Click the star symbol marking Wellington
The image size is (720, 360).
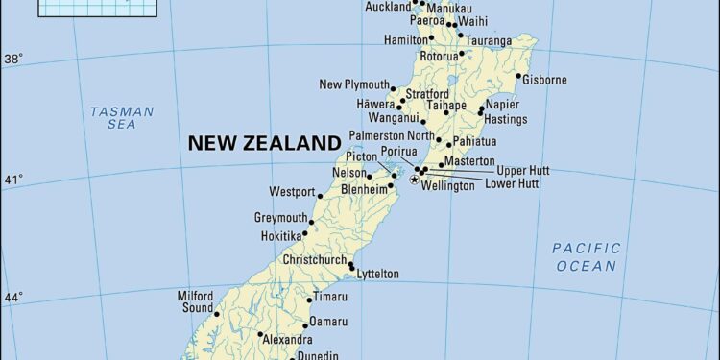(x=415, y=180)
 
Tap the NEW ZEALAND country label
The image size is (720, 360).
(x=264, y=143)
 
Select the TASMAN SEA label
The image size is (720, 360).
(x=122, y=118)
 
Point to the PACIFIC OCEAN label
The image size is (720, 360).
(x=586, y=256)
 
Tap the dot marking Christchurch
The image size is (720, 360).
(x=351, y=265)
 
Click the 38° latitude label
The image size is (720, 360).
(x=13, y=59)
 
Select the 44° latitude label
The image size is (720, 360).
(x=13, y=298)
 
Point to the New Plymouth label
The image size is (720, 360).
(x=354, y=84)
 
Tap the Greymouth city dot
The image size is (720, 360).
(x=311, y=221)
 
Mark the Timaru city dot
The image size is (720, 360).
(x=309, y=300)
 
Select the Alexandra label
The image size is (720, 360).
(x=288, y=339)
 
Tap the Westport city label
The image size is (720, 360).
(x=292, y=191)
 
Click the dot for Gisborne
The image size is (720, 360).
(x=518, y=76)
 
